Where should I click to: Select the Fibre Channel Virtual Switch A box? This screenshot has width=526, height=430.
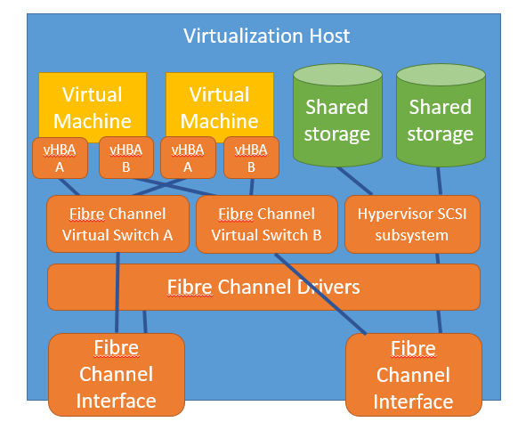[x=117, y=224]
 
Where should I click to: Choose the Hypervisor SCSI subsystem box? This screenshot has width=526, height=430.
[x=412, y=224]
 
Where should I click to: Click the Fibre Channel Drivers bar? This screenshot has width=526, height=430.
[x=263, y=287]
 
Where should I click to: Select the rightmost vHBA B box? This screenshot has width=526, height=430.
[x=251, y=158]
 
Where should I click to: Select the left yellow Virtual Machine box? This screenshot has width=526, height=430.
[x=93, y=104]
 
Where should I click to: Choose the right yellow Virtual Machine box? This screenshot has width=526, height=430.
[x=220, y=104]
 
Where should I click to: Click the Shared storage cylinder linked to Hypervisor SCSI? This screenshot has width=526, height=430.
[x=336, y=120]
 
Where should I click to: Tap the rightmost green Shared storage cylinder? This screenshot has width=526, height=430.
[x=440, y=120]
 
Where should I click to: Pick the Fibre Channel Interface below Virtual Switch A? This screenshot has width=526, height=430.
[x=116, y=374]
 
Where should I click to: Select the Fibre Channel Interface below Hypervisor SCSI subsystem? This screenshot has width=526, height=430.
[x=413, y=375]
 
